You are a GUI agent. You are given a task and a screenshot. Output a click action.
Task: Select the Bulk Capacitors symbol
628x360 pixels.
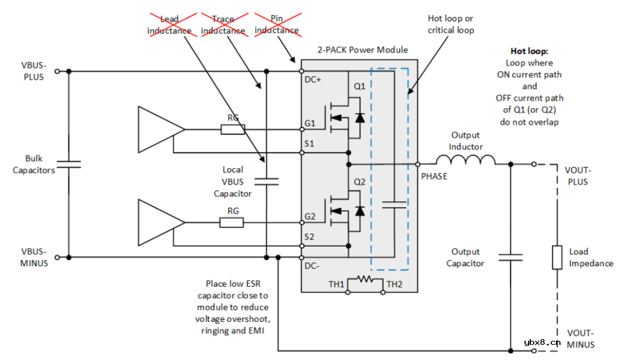pyautogui.click(x=69, y=165)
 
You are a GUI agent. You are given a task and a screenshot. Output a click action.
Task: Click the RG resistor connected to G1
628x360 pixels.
pyautogui.click(x=233, y=129)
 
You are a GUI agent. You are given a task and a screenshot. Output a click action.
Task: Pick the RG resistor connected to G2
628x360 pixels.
pyautogui.click(x=231, y=222)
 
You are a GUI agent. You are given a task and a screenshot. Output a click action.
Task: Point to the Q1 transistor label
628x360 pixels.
pyautogui.click(x=360, y=86)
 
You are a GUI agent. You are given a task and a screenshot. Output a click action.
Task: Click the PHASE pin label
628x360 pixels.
pyautogui.click(x=434, y=176)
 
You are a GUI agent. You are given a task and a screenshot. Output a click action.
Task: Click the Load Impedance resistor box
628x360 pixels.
pyautogui.click(x=556, y=257)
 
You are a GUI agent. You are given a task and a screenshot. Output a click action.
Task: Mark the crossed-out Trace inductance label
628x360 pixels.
pyautogui.click(x=223, y=25)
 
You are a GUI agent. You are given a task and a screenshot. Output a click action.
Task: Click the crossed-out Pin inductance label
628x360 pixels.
pyautogui.click(x=277, y=25)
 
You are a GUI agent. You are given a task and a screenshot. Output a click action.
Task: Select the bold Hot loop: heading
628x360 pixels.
pyautogui.click(x=529, y=51)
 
